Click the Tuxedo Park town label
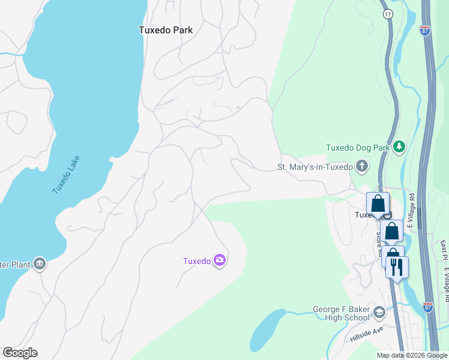[x=165, y=29]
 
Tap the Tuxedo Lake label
[x=65, y=175]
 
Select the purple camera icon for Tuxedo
[x=220, y=260]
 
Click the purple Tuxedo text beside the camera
[x=196, y=261]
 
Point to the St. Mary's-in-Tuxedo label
[x=314, y=167]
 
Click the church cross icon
[x=361, y=166]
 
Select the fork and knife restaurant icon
[x=397, y=267]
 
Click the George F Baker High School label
[x=340, y=314]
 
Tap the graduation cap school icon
[x=379, y=312]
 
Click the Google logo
[x=20, y=353]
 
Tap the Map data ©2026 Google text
[x=411, y=355]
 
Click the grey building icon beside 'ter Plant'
[x=40, y=263]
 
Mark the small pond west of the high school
[x=267, y=331]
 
